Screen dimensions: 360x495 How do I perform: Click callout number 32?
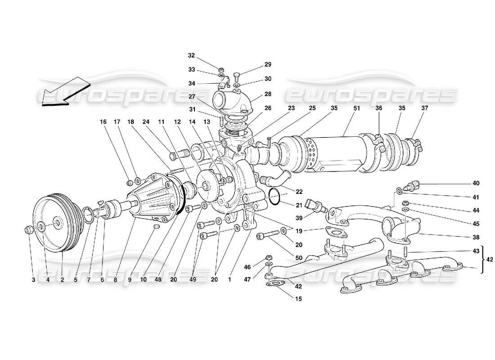pyautogui.click(x=192, y=56)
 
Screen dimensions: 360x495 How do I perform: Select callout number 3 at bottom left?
pyautogui.click(x=33, y=279)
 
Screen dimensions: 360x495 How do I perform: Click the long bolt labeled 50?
pyautogui.click(x=267, y=235)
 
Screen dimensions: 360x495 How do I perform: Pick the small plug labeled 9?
pyautogui.click(x=157, y=226)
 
